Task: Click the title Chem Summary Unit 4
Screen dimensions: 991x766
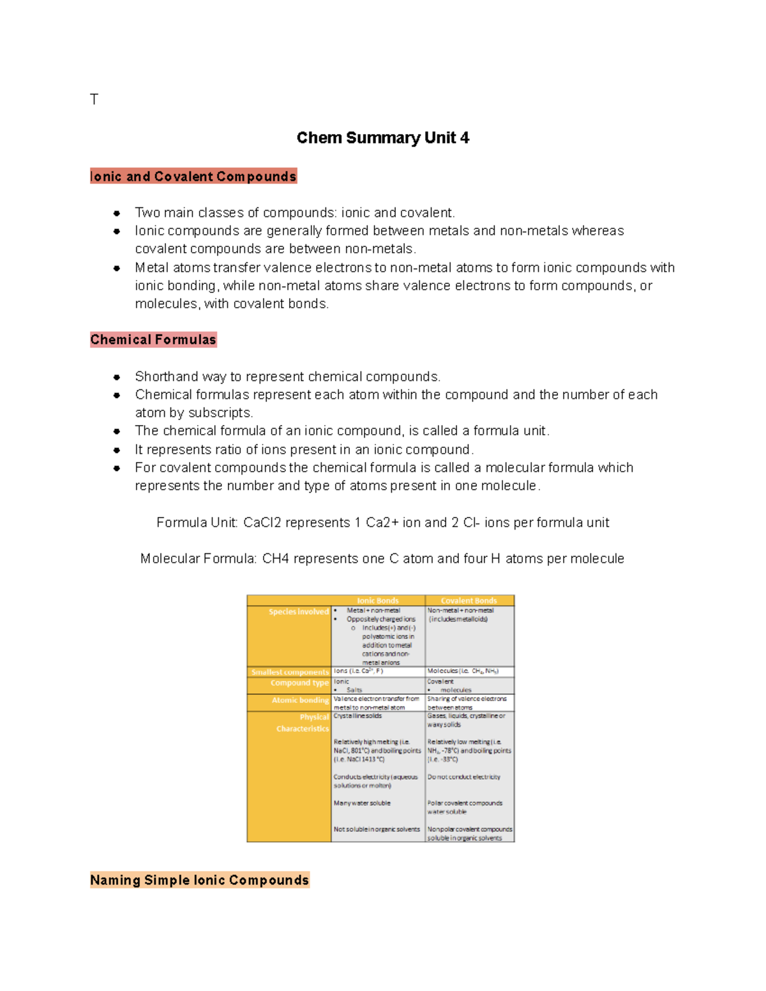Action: click(x=382, y=138)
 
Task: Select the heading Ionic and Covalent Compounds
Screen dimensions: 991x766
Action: click(x=193, y=177)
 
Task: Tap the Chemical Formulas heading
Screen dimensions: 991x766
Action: click(x=153, y=339)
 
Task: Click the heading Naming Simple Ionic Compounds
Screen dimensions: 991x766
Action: click(x=199, y=880)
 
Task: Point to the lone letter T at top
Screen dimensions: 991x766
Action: click(x=94, y=100)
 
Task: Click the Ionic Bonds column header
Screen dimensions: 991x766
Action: click(x=377, y=600)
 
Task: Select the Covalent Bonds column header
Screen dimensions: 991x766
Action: click(x=469, y=600)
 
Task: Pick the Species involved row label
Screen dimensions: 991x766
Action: click(x=298, y=611)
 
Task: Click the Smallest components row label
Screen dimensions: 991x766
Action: click(x=290, y=672)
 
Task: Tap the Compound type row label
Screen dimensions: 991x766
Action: click(x=299, y=683)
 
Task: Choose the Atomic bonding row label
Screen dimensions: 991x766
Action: click(x=299, y=700)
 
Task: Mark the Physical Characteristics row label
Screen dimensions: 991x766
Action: click(x=303, y=723)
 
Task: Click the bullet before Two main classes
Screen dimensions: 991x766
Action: click(x=117, y=213)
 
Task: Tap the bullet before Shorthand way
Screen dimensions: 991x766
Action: click(x=117, y=377)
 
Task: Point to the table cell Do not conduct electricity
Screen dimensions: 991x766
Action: click(x=463, y=777)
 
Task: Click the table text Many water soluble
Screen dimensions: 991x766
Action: click(x=362, y=803)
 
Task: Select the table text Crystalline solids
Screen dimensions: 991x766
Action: click(x=357, y=716)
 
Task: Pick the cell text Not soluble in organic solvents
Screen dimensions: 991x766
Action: click(x=377, y=830)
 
